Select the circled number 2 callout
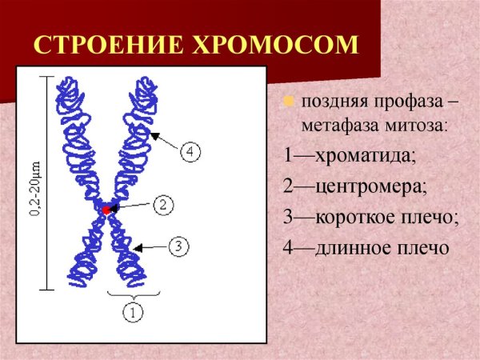(162, 205)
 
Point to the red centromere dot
(105, 209)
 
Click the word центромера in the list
(373, 186)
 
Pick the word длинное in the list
(357, 247)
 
